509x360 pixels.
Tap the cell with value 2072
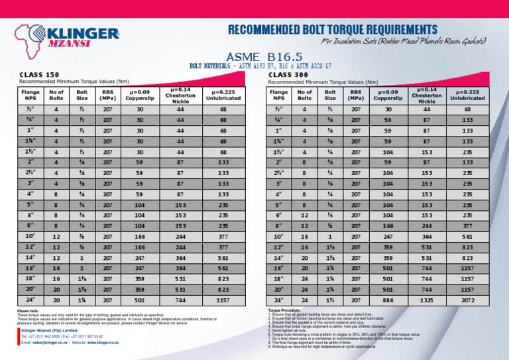(468, 300)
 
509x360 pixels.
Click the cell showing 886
(356, 300)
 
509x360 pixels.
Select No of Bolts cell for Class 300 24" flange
(304, 300)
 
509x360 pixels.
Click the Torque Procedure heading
(286, 310)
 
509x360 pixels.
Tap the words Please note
(28, 310)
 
